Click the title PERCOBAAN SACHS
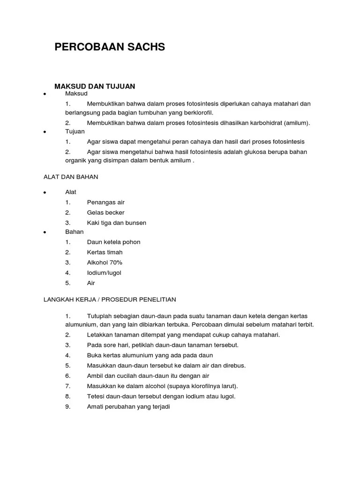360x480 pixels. (x=110, y=47)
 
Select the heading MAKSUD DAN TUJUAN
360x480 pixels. (x=95, y=86)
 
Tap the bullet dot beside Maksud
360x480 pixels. (x=44, y=94)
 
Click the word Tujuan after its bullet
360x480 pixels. (x=75, y=132)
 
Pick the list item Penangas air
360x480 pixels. (x=106, y=202)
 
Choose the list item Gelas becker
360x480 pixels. (x=105, y=212)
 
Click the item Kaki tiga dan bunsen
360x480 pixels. (x=117, y=223)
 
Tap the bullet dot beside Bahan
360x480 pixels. (x=44, y=232)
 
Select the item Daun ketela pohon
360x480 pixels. (x=113, y=242)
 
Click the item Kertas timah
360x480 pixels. (x=105, y=252)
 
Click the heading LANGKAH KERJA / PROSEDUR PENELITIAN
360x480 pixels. (x=110, y=299)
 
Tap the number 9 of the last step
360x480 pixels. (x=67, y=406)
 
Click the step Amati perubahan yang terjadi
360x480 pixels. (x=128, y=406)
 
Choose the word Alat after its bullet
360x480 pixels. (x=71, y=192)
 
